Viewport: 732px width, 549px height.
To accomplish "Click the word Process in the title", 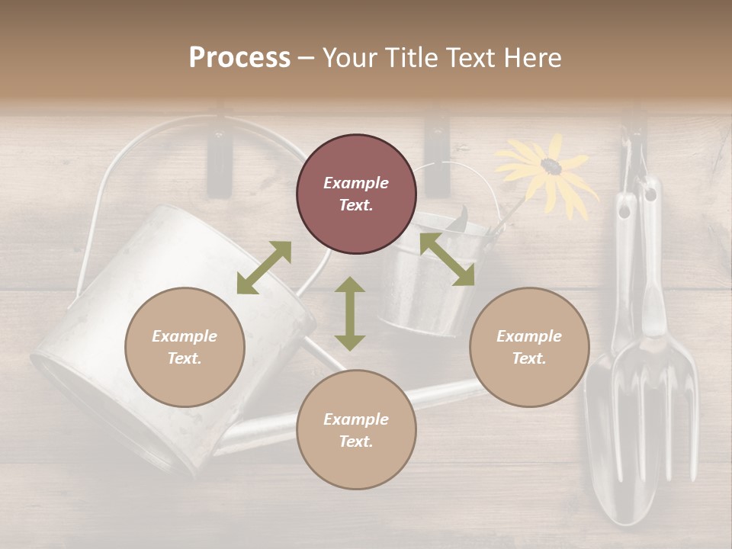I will pos(239,58).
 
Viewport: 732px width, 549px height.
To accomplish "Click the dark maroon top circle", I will pos(356,194).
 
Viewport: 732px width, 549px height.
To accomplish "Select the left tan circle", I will pos(185,347).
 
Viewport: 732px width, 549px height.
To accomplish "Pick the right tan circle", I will pos(529,347).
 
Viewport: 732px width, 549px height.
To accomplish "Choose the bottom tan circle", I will pos(356,429).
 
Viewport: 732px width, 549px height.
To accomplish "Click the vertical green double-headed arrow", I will pos(350,313).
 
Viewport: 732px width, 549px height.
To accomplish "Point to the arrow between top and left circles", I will pos(264,268).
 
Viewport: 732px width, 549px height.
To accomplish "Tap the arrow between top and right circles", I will pos(447,259).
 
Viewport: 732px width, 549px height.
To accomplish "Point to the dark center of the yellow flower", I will pos(551,165).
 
